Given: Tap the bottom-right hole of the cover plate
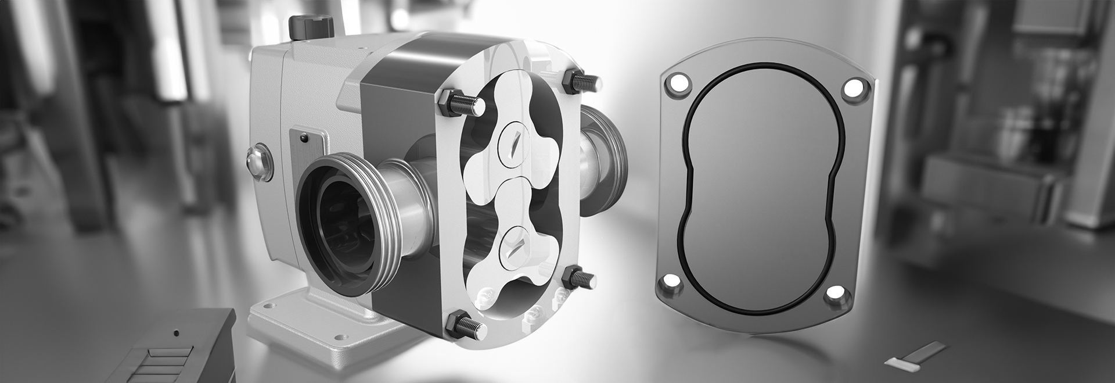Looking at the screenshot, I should coord(836,295).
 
